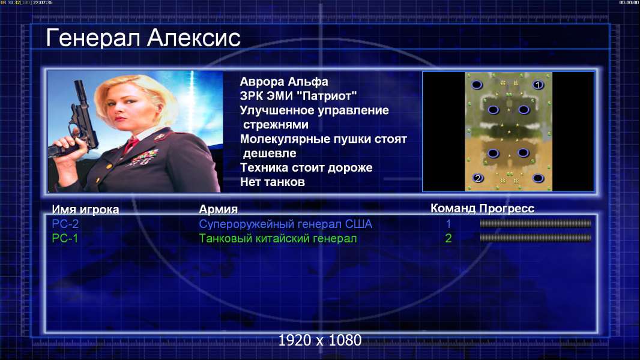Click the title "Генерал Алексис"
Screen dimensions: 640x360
(143, 38)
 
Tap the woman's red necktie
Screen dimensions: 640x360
(131, 145)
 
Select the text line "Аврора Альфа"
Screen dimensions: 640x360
(284, 82)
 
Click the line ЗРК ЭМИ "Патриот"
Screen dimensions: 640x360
(298, 96)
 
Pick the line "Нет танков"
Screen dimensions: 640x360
(273, 182)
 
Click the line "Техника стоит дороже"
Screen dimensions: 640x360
(306, 167)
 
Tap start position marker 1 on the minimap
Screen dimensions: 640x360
(538, 85)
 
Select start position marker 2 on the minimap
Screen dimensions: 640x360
(477, 178)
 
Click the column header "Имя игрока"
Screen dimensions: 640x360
(85, 209)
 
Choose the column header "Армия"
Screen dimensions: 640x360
(219, 209)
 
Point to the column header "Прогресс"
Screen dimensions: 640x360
(507, 209)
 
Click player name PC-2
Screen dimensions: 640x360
(65, 224)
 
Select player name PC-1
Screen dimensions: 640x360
(65, 238)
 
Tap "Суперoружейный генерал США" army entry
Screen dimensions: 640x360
(286, 224)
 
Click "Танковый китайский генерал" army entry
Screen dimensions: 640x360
(278, 239)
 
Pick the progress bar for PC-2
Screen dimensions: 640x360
(536, 223)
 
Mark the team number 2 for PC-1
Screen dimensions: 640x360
(448, 238)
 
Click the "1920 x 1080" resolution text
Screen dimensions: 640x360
(320, 340)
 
